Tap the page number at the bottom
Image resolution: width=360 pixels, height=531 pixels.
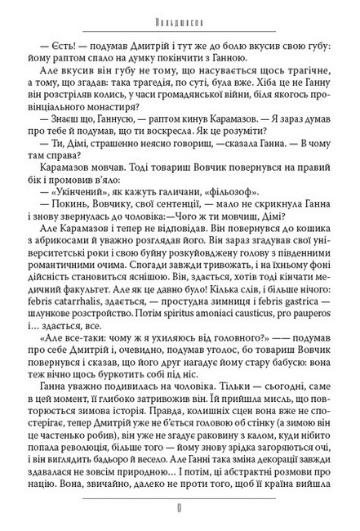180,516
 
